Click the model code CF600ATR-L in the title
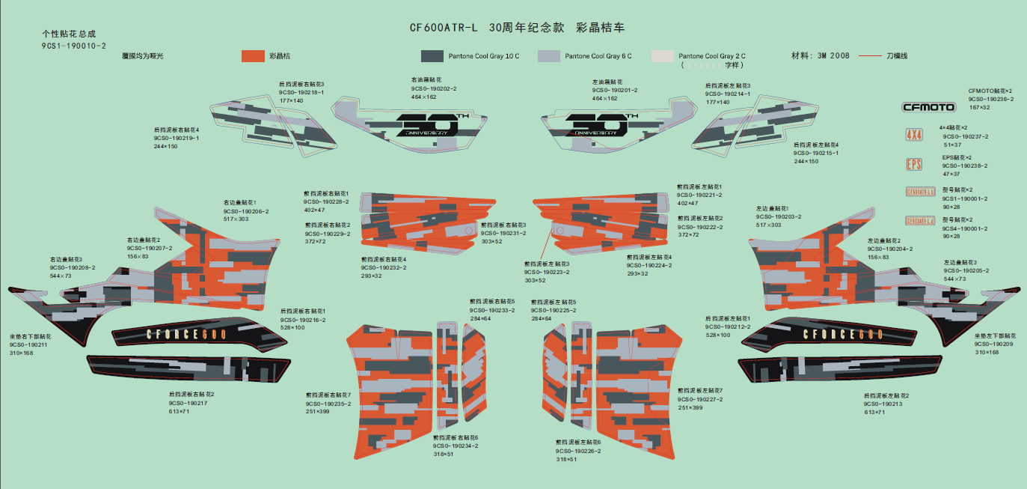click(442, 28)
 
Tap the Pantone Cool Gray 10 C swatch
click(432, 56)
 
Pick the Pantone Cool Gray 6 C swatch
click(549, 56)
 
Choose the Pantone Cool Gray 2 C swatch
click(663, 56)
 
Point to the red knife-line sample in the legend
click(869, 56)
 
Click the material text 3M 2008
click(833, 56)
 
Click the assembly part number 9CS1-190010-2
click(73, 46)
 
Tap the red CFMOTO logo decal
click(928, 107)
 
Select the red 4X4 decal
click(914, 136)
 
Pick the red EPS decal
click(913, 164)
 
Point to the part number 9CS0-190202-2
click(433, 89)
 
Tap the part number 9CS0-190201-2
click(614, 90)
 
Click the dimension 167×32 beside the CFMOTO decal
click(979, 108)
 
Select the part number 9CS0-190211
click(28, 344)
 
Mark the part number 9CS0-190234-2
click(455, 446)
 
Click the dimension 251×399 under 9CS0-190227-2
click(690, 407)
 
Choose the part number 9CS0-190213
click(884, 404)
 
